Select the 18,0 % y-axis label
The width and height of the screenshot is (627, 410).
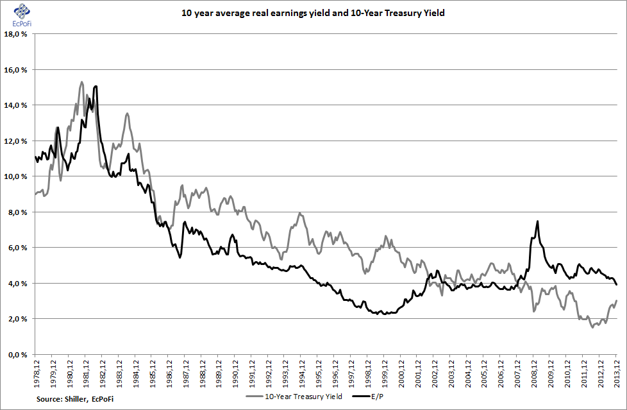point(16,34)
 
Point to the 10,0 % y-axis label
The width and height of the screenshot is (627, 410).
point(16,176)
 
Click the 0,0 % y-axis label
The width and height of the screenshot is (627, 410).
point(17,354)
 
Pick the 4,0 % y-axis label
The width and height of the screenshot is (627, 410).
point(17,283)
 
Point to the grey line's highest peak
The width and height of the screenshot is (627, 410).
point(81,81)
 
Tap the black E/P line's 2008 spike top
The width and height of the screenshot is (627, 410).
point(537,221)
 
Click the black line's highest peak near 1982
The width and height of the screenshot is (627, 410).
point(96,86)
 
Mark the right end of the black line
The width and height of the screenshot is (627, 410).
point(617,284)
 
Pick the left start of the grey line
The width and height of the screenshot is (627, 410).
point(35,194)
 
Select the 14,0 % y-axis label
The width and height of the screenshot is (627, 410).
point(16,105)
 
